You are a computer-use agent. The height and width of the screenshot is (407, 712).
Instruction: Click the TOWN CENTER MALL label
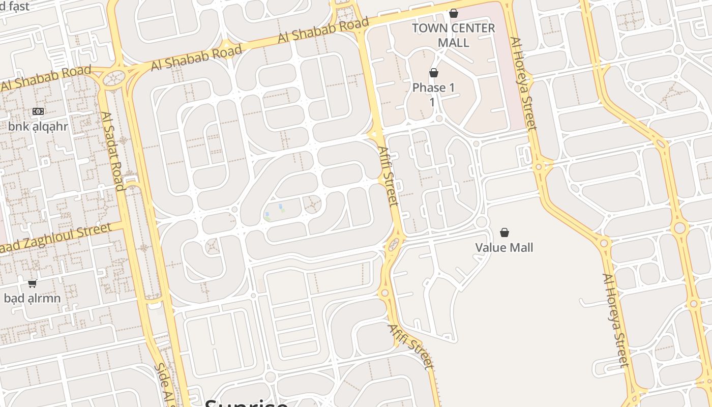453,35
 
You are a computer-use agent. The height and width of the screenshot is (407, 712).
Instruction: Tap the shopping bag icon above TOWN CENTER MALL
453,14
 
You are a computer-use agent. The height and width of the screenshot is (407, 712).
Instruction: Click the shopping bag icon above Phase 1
434,73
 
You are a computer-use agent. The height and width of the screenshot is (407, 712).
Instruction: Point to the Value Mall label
504,248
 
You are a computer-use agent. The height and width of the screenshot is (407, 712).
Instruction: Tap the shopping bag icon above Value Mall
505,233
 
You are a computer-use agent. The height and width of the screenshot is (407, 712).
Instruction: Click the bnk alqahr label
38,127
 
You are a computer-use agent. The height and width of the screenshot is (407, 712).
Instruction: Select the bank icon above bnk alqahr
38,111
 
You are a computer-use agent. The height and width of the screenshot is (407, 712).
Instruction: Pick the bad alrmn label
32,298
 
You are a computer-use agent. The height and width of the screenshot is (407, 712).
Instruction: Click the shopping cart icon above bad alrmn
33,283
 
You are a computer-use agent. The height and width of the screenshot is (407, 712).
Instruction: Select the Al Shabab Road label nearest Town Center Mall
323,31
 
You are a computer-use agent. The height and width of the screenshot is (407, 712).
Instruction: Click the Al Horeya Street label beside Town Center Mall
524,83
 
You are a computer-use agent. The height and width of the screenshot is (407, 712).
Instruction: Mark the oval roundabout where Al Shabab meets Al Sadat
114,78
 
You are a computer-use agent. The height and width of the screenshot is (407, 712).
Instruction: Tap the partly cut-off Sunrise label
246,402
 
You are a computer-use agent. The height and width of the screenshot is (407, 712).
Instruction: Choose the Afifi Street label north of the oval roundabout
388,176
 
